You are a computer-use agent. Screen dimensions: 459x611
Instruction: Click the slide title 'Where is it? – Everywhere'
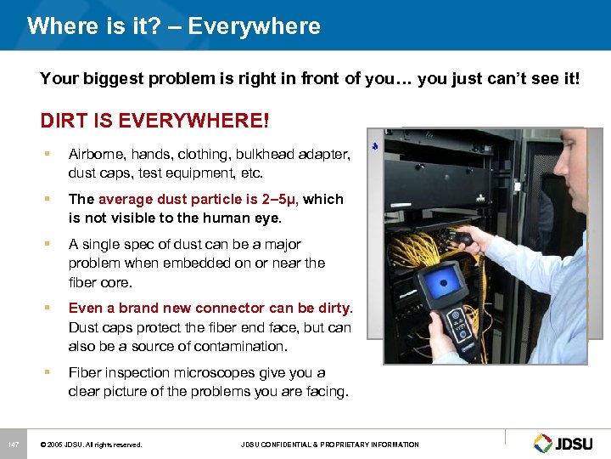click(x=173, y=26)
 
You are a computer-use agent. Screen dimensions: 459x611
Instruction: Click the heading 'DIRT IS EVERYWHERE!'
click(x=154, y=121)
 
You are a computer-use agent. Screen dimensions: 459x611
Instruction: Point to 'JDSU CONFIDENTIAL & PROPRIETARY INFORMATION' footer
click(x=329, y=445)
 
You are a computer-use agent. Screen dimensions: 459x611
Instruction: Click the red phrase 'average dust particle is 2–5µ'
click(x=199, y=200)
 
